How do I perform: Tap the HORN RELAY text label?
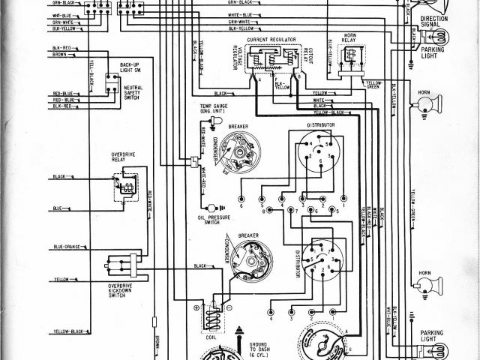pos(350,37)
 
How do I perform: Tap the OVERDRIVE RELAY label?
pos(112,160)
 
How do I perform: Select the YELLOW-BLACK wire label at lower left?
pos(67,331)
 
